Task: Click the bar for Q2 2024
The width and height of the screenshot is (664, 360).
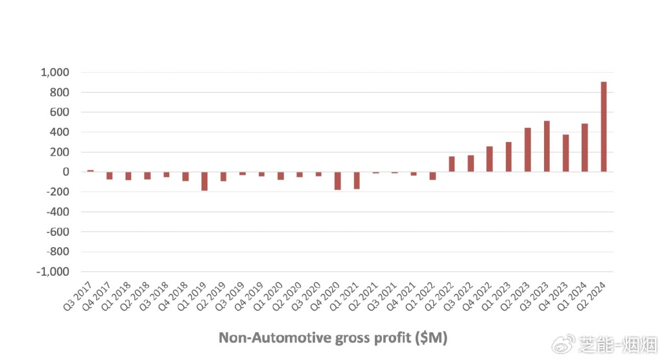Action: point(604,126)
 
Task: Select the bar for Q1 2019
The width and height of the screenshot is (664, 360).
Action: point(204,181)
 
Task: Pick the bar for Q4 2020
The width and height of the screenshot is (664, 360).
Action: point(337,181)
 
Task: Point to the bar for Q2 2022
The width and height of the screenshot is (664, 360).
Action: point(451,164)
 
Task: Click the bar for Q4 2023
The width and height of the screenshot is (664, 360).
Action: point(565,153)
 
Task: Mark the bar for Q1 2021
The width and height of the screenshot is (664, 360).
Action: point(357,180)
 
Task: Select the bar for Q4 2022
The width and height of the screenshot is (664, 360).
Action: point(490,159)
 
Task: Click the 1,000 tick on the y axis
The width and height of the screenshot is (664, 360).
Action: point(55,72)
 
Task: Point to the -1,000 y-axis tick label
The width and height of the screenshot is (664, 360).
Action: point(53,272)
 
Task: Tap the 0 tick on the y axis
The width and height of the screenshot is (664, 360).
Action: point(65,172)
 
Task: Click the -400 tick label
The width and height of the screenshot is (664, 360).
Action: point(57,212)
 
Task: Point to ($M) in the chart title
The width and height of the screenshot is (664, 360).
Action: point(431,338)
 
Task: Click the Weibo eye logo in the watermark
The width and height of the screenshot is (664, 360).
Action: point(566,342)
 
